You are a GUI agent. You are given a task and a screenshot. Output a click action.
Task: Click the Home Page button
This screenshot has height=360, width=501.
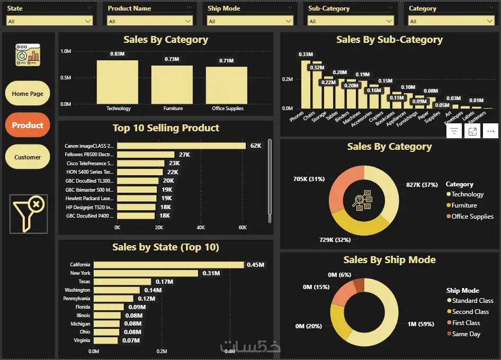(x=28, y=94)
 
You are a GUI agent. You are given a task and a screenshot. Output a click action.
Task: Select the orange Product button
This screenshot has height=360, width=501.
(x=28, y=125)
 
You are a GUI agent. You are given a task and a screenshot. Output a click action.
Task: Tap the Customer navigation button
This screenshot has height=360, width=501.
(x=28, y=157)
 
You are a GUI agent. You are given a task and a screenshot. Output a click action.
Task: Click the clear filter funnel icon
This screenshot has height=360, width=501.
(x=29, y=214)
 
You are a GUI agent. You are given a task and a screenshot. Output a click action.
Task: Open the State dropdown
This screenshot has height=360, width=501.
(x=50, y=21)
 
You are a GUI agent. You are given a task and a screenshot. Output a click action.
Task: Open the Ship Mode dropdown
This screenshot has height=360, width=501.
(x=250, y=21)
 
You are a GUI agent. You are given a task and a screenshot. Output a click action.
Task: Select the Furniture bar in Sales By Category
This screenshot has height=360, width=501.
(x=172, y=84)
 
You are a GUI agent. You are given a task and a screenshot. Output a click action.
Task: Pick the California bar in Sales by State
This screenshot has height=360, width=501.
(x=168, y=265)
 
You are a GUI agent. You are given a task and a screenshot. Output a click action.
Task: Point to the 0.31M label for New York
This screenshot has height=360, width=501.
(x=211, y=273)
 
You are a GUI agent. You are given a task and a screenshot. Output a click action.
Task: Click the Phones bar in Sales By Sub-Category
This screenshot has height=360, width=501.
(x=305, y=85)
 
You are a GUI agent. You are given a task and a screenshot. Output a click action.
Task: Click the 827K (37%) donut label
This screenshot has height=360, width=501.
(x=422, y=184)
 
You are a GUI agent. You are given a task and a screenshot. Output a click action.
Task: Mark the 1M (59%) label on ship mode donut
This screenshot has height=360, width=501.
(x=422, y=324)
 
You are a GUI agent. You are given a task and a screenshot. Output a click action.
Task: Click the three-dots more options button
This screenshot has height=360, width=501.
(x=490, y=131)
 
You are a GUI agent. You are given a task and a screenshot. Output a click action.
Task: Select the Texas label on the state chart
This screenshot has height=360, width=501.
(x=84, y=282)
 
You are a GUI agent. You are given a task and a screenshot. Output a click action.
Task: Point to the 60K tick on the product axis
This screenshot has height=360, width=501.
(x=243, y=228)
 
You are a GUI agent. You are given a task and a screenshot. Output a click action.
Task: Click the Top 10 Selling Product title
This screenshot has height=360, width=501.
(x=166, y=128)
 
